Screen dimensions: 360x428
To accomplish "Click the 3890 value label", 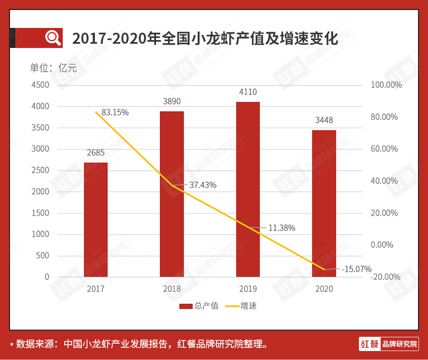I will [172, 101].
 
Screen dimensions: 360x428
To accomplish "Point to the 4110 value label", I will [248, 92].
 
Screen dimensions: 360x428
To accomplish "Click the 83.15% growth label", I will [115, 112].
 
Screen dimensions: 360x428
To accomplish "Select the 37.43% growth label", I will [202, 185].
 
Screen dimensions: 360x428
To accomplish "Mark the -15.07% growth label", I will [357, 269].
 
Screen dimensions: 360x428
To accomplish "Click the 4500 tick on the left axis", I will [40, 85].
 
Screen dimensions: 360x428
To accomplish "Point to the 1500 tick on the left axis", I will [40, 213].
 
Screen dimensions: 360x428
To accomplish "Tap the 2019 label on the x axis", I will [248, 289].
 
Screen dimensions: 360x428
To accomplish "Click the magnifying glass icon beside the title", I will [53, 37].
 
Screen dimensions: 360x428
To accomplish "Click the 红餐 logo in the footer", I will [369, 344].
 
